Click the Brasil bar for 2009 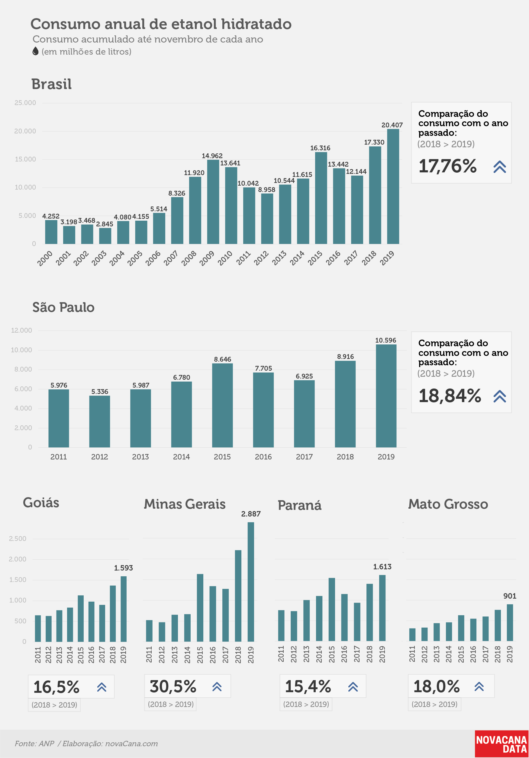point(213,202)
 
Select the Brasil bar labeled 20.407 point(393,187)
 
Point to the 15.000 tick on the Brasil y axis point(25,159)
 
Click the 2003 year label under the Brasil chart point(99,258)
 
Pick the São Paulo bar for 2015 point(222,405)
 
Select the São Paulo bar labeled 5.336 point(99,422)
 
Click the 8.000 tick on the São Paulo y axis point(23,369)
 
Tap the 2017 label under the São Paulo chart point(304,457)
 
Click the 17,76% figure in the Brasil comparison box point(448,166)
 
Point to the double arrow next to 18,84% point(500,396)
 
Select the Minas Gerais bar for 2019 point(251,582)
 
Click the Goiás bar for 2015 point(81,619)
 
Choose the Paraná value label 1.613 point(382,567)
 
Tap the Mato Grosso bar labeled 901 point(510,623)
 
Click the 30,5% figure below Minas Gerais point(173,687)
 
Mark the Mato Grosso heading point(448,504)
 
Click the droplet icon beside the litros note point(35,51)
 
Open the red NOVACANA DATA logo point(502,744)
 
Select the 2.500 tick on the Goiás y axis point(18,539)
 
